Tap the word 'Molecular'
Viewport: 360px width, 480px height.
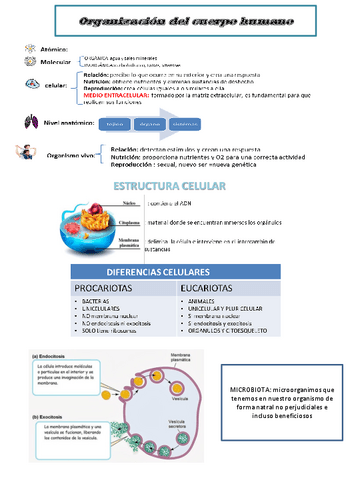[56, 60]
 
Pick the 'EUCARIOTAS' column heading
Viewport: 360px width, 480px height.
[211, 293]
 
